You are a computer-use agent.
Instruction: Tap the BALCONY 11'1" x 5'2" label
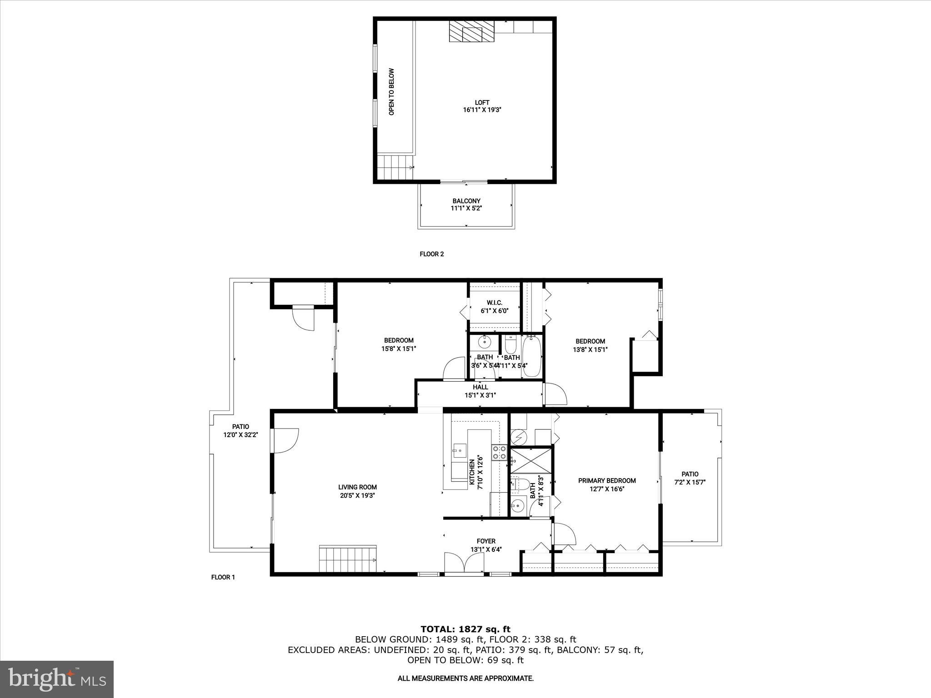point(466,204)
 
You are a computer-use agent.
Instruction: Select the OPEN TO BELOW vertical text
point(391,92)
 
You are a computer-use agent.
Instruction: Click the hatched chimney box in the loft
point(471,32)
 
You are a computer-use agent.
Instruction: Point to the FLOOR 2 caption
point(431,254)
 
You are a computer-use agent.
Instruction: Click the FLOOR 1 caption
point(223,578)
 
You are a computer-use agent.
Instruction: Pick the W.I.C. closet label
point(494,307)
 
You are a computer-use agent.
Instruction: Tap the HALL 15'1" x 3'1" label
point(480,391)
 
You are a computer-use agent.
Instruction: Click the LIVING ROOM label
point(357,492)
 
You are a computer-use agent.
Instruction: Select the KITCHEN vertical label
point(476,473)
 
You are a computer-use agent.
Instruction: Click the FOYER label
point(486,545)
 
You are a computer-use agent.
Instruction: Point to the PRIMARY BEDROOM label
point(606,485)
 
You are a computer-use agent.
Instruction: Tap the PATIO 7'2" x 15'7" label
point(690,478)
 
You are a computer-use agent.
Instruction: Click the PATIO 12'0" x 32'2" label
point(240,431)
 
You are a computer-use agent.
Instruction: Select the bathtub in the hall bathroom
point(531,356)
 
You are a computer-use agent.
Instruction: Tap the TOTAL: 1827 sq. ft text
point(465,629)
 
